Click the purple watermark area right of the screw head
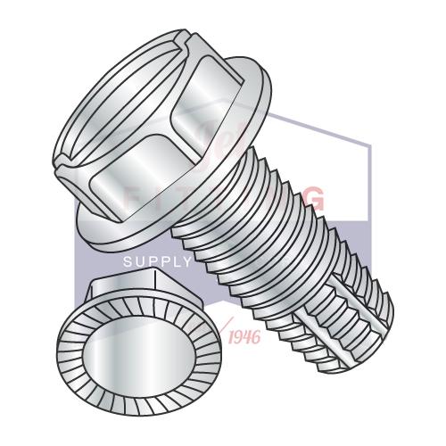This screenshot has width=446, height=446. (x=339, y=152)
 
